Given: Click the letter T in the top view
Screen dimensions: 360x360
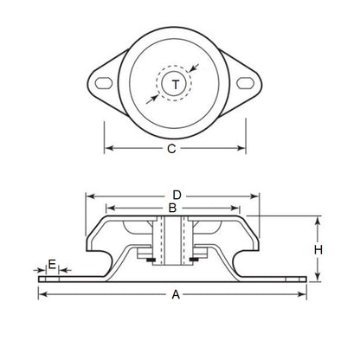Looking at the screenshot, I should pyautogui.click(x=177, y=84).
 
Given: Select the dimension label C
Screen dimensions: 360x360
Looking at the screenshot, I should pyautogui.click(x=171, y=149).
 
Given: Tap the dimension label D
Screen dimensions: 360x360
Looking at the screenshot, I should pyautogui.click(x=177, y=195).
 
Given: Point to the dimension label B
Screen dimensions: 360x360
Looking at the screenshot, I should pyautogui.click(x=172, y=209).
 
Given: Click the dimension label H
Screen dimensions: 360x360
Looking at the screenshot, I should pyautogui.click(x=318, y=249).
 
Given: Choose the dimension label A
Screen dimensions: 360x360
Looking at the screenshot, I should pyautogui.click(x=176, y=295).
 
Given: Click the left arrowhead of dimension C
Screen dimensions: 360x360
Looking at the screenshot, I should pyautogui.click(x=107, y=149).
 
